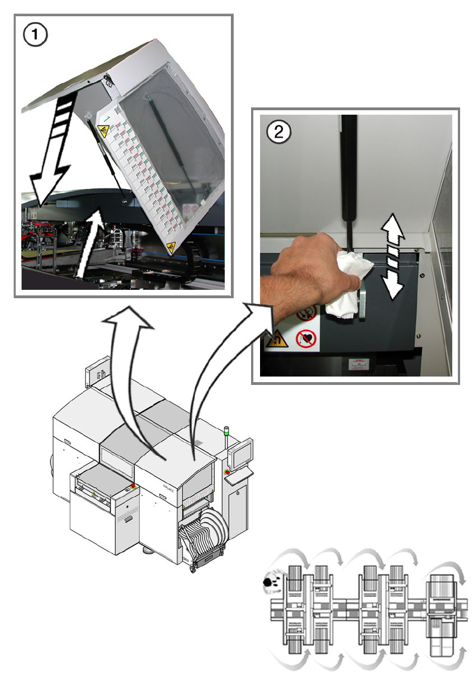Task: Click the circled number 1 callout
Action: (x=35, y=36)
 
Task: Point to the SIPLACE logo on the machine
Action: (x=169, y=488)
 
